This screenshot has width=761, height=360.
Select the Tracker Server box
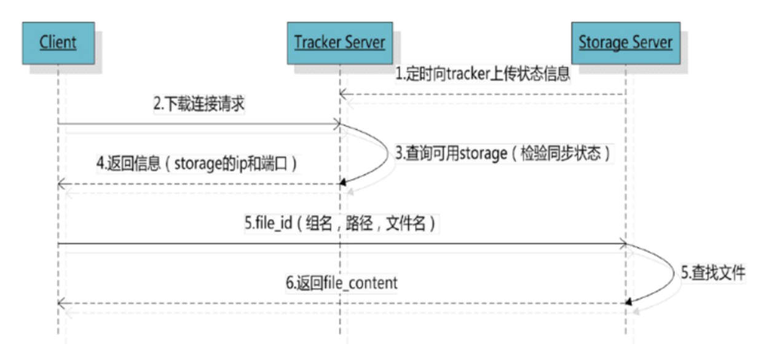[339, 42]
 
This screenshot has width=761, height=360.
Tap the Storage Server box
[625, 43]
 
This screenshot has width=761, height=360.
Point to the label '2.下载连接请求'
[199, 104]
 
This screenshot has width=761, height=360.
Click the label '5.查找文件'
[712, 273]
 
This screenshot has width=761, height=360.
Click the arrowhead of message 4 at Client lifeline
[61, 184]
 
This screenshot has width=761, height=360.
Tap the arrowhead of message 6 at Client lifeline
[61, 303]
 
